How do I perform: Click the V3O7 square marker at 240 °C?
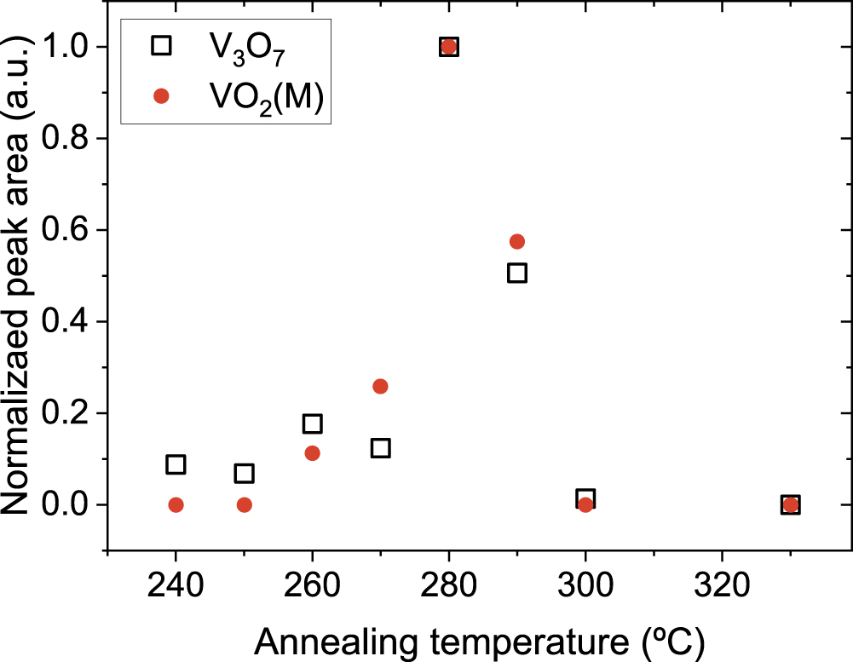coord(176,464)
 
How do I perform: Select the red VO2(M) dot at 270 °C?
coord(380,386)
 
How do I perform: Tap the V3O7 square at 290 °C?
coord(517,273)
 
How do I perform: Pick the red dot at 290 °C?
coord(517,242)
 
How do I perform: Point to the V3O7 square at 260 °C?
coord(312,423)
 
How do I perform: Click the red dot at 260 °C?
coord(312,453)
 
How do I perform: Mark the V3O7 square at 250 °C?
coord(245,473)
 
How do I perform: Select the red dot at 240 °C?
coord(176,504)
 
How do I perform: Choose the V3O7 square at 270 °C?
coord(380,447)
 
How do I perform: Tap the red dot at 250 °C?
coord(245,504)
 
